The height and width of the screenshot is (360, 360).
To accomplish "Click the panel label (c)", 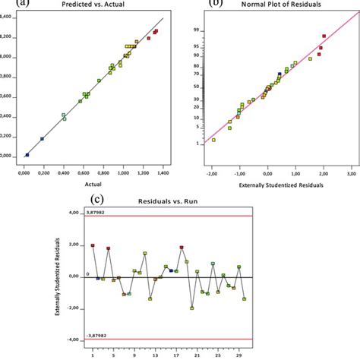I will [x=97, y=200].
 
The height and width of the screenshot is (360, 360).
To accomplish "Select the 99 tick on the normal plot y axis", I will [x=195, y=30].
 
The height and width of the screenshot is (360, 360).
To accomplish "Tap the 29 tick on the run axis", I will [x=238, y=355].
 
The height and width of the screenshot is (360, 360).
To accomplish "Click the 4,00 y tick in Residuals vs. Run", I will [x=74, y=213].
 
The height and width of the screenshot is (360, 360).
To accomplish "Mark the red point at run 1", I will [x=93, y=245].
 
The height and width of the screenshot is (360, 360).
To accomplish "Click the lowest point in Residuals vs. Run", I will [x=192, y=308].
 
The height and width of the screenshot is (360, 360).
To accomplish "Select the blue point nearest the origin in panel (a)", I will [x=27, y=154].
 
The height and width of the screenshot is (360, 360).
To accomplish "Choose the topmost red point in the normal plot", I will [x=324, y=36].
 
